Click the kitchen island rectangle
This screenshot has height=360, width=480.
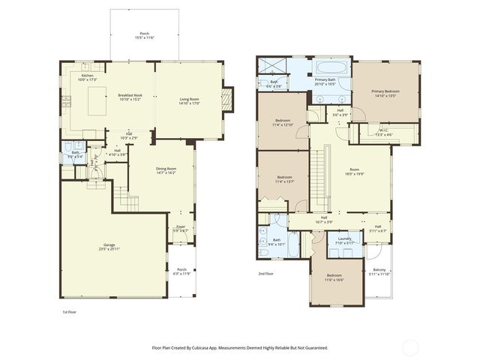[97, 100]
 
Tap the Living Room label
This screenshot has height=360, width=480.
[193, 99]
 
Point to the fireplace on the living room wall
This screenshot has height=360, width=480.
[228, 97]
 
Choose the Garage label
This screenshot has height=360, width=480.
[109, 245]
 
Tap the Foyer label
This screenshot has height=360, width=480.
[181, 226]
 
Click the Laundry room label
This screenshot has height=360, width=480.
[344, 239]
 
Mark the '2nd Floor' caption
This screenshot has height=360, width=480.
[266, 274]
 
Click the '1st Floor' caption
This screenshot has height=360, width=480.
[69, 312]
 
